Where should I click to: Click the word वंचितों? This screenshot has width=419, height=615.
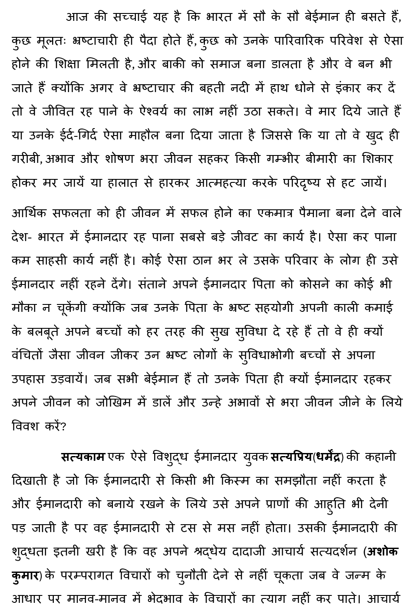30,355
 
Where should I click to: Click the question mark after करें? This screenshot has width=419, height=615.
63,426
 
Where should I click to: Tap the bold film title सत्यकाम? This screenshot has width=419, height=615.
83,457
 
